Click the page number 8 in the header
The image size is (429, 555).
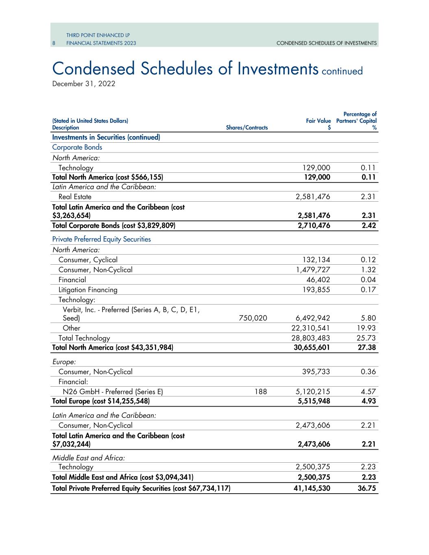pos(54,43)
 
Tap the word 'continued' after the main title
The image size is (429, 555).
pos(342,71)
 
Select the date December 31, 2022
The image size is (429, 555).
pos(84,84)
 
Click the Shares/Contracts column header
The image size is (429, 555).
pos(246,128)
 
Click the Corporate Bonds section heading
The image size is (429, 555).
pos(77,147)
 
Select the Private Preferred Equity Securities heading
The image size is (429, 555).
pos(102,239)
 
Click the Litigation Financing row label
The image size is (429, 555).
pos(88,290)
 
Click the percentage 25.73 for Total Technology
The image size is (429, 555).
pos(366,338)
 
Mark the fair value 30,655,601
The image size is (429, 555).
pos(311,348)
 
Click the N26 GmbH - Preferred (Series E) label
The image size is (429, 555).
pos(113,392)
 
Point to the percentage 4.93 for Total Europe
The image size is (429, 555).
pos(368,401)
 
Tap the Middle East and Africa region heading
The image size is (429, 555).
pos(89,458)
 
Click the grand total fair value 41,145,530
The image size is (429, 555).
pos(311,488)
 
